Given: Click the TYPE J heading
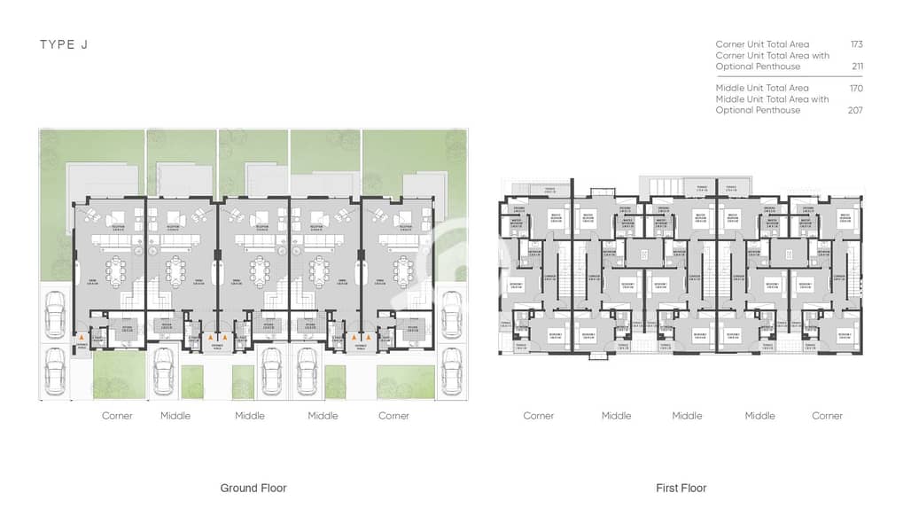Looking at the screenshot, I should [x=63, y=44].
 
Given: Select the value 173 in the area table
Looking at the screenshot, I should [x=855, y=44].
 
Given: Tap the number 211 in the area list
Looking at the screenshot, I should [x=856, y=66].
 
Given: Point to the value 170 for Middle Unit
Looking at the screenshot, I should [x=855, y=89].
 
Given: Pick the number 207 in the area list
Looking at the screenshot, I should [x=855, y=111].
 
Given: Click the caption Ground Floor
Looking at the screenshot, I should [x=253, y=488].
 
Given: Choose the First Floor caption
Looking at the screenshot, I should [x=681, y=488].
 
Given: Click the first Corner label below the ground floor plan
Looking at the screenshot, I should [x=117, y=416].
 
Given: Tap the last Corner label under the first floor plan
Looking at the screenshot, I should [x=827, y=416].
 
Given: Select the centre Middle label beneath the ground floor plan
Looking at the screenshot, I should [x=250, y=416].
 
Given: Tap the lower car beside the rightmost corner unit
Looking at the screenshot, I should [x=450, y=371].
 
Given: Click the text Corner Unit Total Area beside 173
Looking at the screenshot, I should [x=762, y=44].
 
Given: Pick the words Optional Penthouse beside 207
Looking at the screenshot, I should [x=758, y=111].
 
